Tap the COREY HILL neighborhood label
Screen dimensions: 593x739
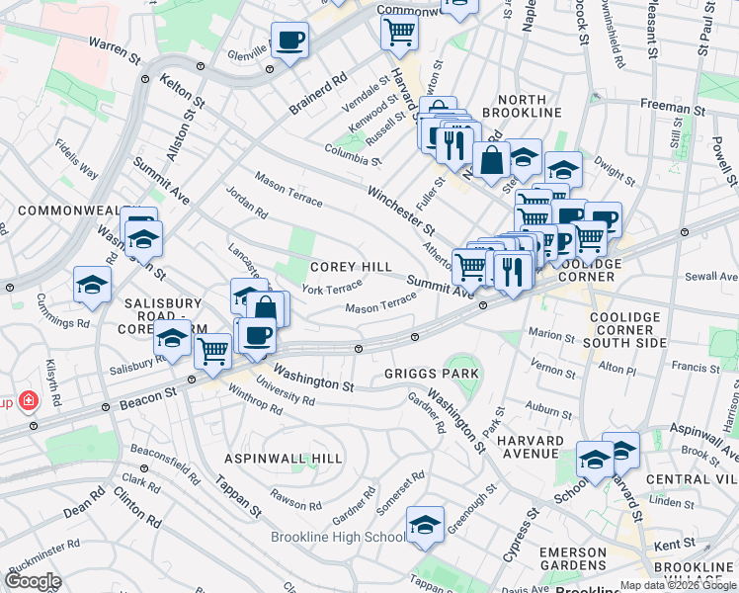[x=351, y=267]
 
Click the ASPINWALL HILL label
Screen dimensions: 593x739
[x=284, y=459]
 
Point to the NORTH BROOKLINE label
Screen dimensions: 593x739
[x=530, y=108]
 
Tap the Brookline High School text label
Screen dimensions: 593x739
[x=338, y=537]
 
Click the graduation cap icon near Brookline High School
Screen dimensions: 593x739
[x=425, y=524]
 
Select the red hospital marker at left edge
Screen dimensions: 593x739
[x=29, y=401]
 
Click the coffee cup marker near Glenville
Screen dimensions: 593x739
[x=289, y=42]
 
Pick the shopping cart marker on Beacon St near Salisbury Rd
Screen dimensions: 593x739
[x=212, y=351]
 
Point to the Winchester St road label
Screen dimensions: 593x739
[x=401, y=211]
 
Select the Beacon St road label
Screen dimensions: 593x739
[x=143, y=394]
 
